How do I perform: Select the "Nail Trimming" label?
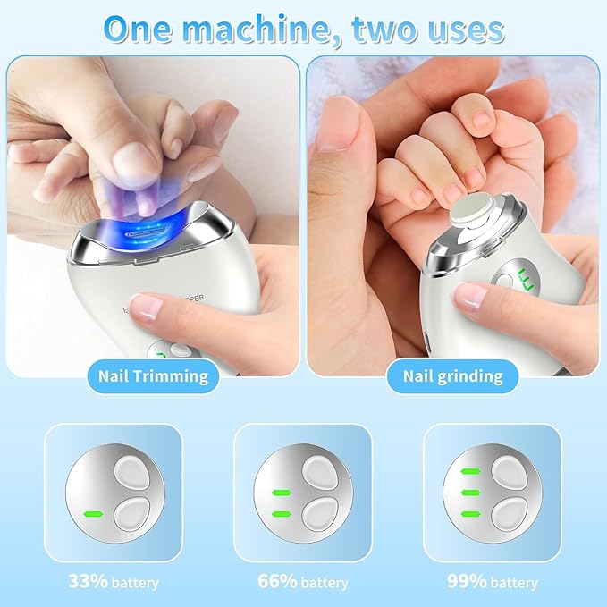(153, 376)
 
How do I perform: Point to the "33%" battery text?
(88, 581)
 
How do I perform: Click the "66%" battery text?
(276, 581)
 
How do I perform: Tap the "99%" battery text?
(466, 581)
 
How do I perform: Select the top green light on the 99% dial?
(468, 470)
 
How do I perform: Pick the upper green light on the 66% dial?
(279, 491)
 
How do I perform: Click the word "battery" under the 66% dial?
(325, 583)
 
